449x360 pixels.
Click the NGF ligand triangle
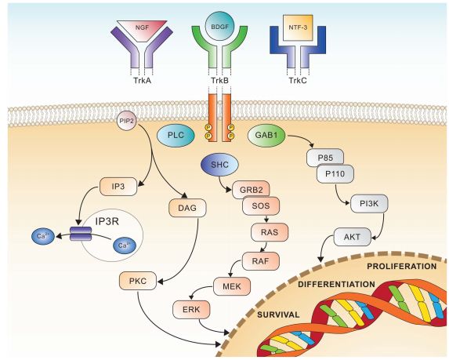tap(143, 30)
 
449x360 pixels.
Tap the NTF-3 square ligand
tap(298, 27)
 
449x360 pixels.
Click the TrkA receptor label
tap(143, 80)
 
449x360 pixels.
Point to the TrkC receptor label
tap(298, 80)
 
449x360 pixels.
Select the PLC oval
tap(176, 135)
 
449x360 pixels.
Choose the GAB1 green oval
tap(266, 135)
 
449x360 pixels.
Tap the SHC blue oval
tap(219, 165)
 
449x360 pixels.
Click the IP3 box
tap(118, 187)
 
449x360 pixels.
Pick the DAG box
tap(187, 208)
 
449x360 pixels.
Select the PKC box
tap(138, 281)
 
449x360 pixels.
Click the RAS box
tap(270, 232)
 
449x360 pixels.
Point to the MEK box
tap(232, 285)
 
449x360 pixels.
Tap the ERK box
tap(191, 309)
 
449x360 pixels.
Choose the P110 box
tap(335, 174)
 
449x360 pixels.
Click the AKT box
tap(352, 237)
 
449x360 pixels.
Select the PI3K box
tap(369, 204)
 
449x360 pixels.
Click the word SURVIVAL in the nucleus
tap(278, 315)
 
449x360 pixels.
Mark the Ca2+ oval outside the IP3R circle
tap(42, 236)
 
